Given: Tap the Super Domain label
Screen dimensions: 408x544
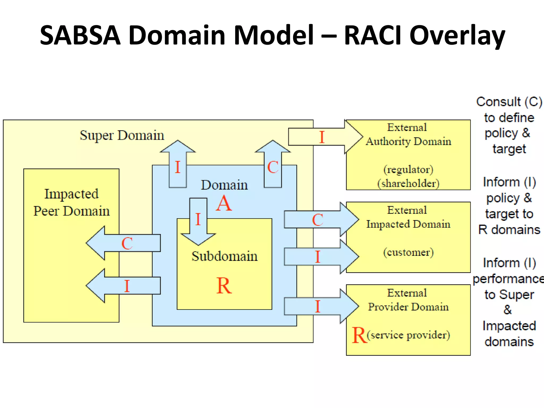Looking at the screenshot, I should (122, 135).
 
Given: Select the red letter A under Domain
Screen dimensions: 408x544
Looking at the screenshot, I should (224, 204).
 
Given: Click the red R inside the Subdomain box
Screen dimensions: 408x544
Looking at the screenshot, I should (224, 286).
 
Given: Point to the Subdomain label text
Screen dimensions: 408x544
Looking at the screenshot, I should (224, 256).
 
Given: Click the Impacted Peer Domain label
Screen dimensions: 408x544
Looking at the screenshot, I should (71, 202).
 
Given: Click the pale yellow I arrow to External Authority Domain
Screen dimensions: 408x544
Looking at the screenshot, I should (324, 137).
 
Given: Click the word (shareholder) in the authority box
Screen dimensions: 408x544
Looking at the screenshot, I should (408, 184).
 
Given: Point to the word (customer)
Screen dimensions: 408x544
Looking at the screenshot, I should (408, 252).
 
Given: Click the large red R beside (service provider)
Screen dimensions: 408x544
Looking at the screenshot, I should (359, 335).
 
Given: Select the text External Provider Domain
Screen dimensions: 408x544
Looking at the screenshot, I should (408, 300).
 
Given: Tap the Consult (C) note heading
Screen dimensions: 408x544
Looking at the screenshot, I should (509, 102).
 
